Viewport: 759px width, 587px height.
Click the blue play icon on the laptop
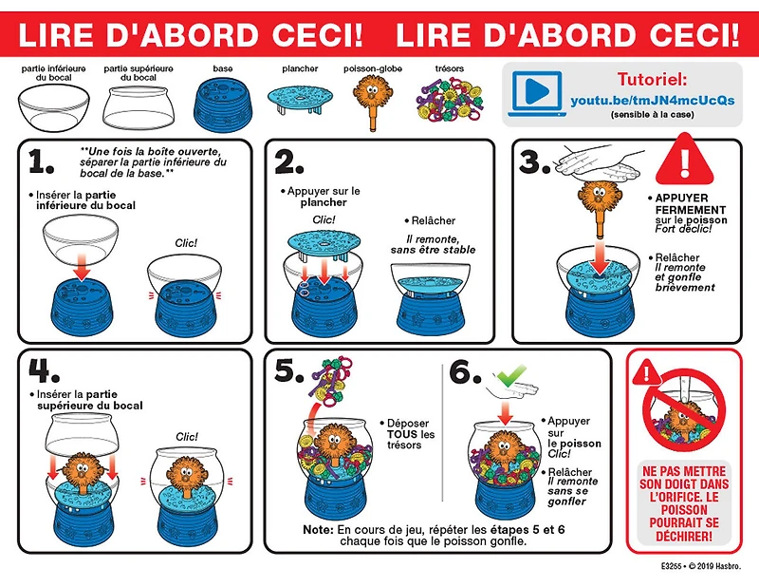(537, 90)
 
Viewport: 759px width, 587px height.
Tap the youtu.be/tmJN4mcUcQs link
(652, 101)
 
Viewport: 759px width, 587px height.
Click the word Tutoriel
(652, 80)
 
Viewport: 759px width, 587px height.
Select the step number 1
(41, 161)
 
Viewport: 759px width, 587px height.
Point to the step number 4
(44, 370)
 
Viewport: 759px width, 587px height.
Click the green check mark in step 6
(510, 375)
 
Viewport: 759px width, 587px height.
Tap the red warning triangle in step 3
(684, 159)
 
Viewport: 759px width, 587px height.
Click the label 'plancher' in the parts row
(300, 68)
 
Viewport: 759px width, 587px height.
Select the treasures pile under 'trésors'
(449, 101)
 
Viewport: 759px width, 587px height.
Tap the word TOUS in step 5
(403, 434)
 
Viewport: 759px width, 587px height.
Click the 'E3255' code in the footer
(671, 566)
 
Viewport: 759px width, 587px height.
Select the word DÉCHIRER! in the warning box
(684, 536)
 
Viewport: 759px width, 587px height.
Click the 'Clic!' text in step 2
(324, 219)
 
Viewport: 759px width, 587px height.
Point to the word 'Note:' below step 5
(318, 529)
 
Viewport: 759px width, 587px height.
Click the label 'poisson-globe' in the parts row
(373, 68)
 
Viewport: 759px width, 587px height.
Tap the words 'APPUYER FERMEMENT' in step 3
(691, 204)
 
